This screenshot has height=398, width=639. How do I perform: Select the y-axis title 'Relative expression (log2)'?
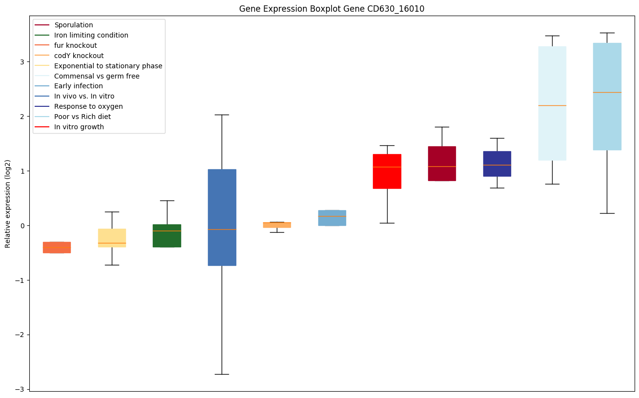point(8,204)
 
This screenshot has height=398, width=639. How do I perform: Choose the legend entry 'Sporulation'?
point(74,25)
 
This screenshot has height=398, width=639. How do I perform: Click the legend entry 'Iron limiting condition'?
point(91,35)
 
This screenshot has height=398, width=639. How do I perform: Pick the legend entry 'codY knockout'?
point(79,56)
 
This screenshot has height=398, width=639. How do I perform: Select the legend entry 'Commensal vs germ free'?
point(97,76)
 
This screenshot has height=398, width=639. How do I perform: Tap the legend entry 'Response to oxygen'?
point(89,106)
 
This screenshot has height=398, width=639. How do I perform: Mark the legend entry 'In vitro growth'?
point(79,127)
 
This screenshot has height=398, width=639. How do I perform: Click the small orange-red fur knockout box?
point(57,247)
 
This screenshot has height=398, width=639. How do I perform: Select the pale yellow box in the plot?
point(112,238)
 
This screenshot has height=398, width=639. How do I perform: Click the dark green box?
point(167,236)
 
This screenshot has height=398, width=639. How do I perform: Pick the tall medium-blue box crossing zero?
point(222,217)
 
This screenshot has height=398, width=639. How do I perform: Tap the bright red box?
point(387,171)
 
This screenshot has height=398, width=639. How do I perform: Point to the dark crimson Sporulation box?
point(442,163)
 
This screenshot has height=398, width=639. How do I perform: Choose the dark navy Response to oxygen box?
point(497,163)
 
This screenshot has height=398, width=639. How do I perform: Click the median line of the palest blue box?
point(552,105)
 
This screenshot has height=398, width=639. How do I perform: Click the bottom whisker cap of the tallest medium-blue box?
point(222,374)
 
